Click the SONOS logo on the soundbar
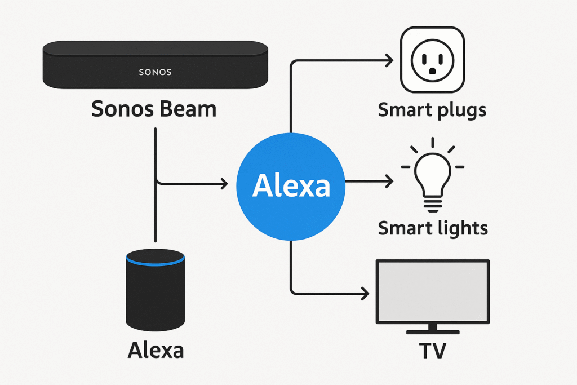(155, 72)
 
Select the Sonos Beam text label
(153, 109)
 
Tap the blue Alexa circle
(291, 185)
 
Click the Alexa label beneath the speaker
(156, 350)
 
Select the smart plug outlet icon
(432, 60)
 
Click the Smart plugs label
(432, 110)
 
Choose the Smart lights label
(433, 228)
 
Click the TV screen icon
(432, 290)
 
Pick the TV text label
(432, 350)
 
